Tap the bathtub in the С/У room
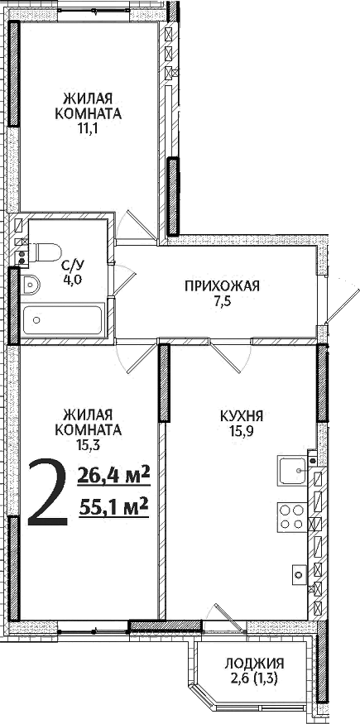coord(62,320)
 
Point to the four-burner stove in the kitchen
coord(290,516)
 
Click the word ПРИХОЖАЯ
coord(222,287)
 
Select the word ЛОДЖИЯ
coord(254,663)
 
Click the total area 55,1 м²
coord(113,505)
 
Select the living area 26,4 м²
coord(113,475)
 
